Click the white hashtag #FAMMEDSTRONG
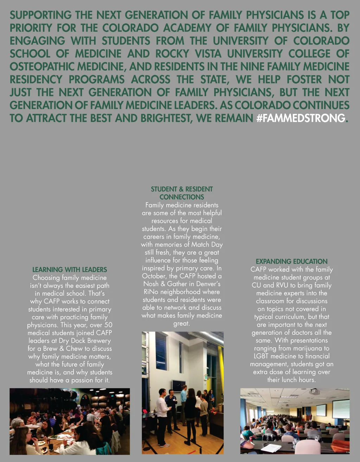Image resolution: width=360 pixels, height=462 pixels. (x=301, y=118)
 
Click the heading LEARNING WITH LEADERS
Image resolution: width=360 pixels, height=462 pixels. (x=70, y=270)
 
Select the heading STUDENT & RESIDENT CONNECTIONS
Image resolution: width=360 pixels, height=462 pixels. (x=182, y=193)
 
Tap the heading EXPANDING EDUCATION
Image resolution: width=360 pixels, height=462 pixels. (x=291, y=262)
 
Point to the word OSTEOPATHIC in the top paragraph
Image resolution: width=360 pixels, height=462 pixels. (x=42, y=66)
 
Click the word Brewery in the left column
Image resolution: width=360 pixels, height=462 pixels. (x=97, y=341)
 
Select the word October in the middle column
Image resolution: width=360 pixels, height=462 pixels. (x=154, y=276)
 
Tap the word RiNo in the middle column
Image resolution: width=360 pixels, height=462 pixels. (x=151, y=292)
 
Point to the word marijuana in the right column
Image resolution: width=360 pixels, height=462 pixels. (x=309, y=348)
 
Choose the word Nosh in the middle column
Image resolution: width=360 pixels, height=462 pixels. (x=151, y=284)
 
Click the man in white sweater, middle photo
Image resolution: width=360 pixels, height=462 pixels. (x=162, y=415)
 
